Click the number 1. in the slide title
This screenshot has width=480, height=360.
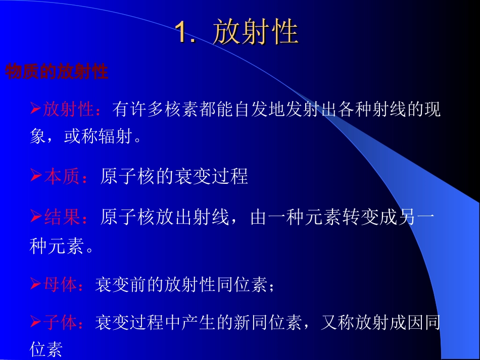[x=186, y=32]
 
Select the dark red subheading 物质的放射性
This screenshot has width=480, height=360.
[x=57, y=72]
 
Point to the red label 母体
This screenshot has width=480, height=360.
[x=60, y=285]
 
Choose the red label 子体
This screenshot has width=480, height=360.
[x=60, y=322]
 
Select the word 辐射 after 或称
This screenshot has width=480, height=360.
[x=114, y=137]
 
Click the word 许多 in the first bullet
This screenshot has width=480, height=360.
[x=140, y=109]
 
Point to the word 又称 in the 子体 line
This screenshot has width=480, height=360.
[x=338, y=322]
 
